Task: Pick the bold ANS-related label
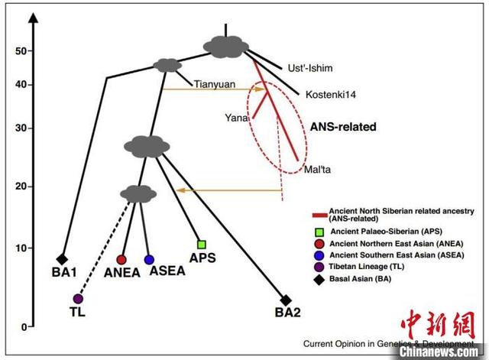pyautogui.click(x=343, y=127)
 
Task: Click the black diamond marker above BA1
pyautogui.click(x=63, y=259)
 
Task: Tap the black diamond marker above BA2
pyautogui.click(x=286, y=300)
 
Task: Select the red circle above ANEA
pyautogui.click(x=121, y=260)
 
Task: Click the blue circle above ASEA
pyautogui.click(x=149, y=260)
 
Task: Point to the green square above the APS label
pyautogui.click(x=202, y=245)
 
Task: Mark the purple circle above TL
pyautogui.click(x=78, y=298)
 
